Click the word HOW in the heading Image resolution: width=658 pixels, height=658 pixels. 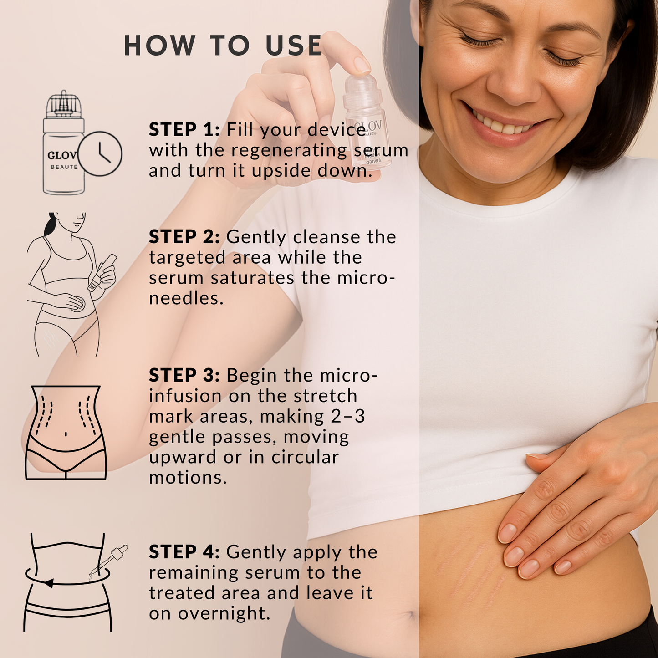(159, 46)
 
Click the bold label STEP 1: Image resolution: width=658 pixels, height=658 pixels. (184, 130)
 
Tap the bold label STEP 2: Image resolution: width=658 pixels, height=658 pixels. (184, 237)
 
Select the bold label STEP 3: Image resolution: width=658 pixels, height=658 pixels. (184, 376)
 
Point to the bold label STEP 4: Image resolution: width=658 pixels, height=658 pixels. (184, 552)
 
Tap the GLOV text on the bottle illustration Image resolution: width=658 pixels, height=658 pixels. (62, 155)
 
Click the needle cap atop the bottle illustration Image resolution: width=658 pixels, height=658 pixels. (64, 105)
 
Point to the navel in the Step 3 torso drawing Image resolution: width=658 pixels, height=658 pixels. (66, 434)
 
